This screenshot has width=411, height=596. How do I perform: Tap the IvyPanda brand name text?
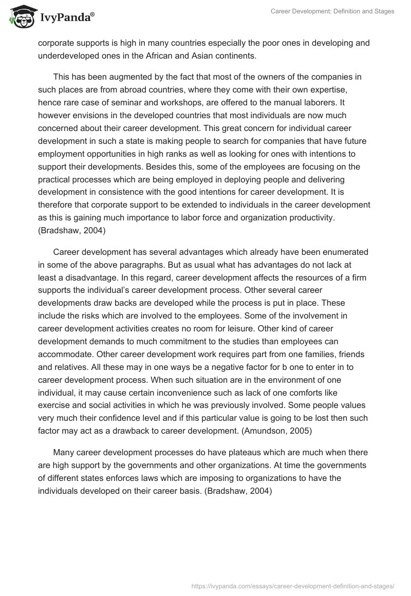pyautogui.click(x=67, y=18)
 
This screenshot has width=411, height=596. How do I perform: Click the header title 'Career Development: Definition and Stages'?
pyautogui.click(x=332, y=11)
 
